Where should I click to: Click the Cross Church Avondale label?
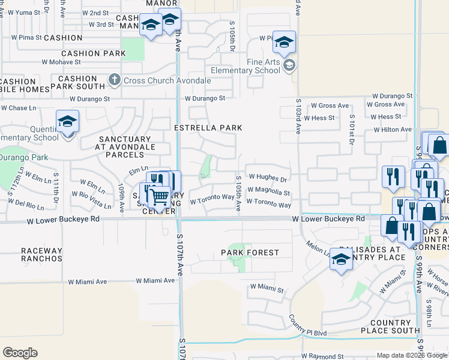pos(167,80)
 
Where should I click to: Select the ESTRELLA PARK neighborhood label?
pos(208,128)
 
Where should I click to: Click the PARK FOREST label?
pos(249,253)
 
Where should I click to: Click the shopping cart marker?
pos(159,196)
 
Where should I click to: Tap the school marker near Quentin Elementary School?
pos(68,122)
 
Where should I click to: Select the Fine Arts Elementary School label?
pos(264,66)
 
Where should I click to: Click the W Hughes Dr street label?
pos(268,178)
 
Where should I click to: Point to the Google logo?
pos(20,353)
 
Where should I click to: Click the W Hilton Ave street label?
pos(393,130)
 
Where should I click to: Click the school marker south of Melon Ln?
pos(341,259)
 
